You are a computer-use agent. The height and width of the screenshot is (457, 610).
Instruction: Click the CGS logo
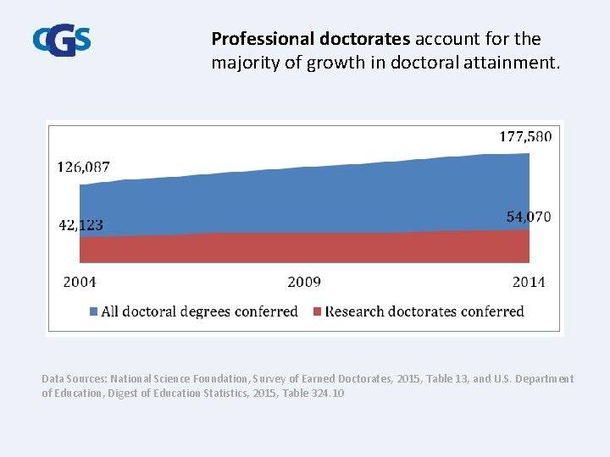(62, 41)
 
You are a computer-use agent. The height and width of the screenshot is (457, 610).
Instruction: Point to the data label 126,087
(83, 167)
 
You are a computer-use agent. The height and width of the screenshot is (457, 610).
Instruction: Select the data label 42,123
(80, 225)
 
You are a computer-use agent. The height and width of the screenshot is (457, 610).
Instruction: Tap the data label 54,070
(529, 217)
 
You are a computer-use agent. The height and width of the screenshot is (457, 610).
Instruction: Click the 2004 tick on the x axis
(80, 282)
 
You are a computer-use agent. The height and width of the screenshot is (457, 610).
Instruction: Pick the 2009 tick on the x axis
(304, 282)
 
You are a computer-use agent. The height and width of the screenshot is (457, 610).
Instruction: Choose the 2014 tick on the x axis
(529, 282)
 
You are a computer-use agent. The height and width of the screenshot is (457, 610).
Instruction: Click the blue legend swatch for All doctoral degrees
(93, 312)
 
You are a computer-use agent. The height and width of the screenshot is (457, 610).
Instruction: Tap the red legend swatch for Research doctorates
(318, 312)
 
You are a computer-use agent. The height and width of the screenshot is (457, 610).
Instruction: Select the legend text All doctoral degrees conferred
(199, 311)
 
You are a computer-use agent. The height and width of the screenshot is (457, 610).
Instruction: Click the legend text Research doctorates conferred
(424, 311)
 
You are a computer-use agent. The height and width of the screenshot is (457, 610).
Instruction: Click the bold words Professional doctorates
(310, 39)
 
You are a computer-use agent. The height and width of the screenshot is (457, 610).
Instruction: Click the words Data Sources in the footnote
(73, 378)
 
